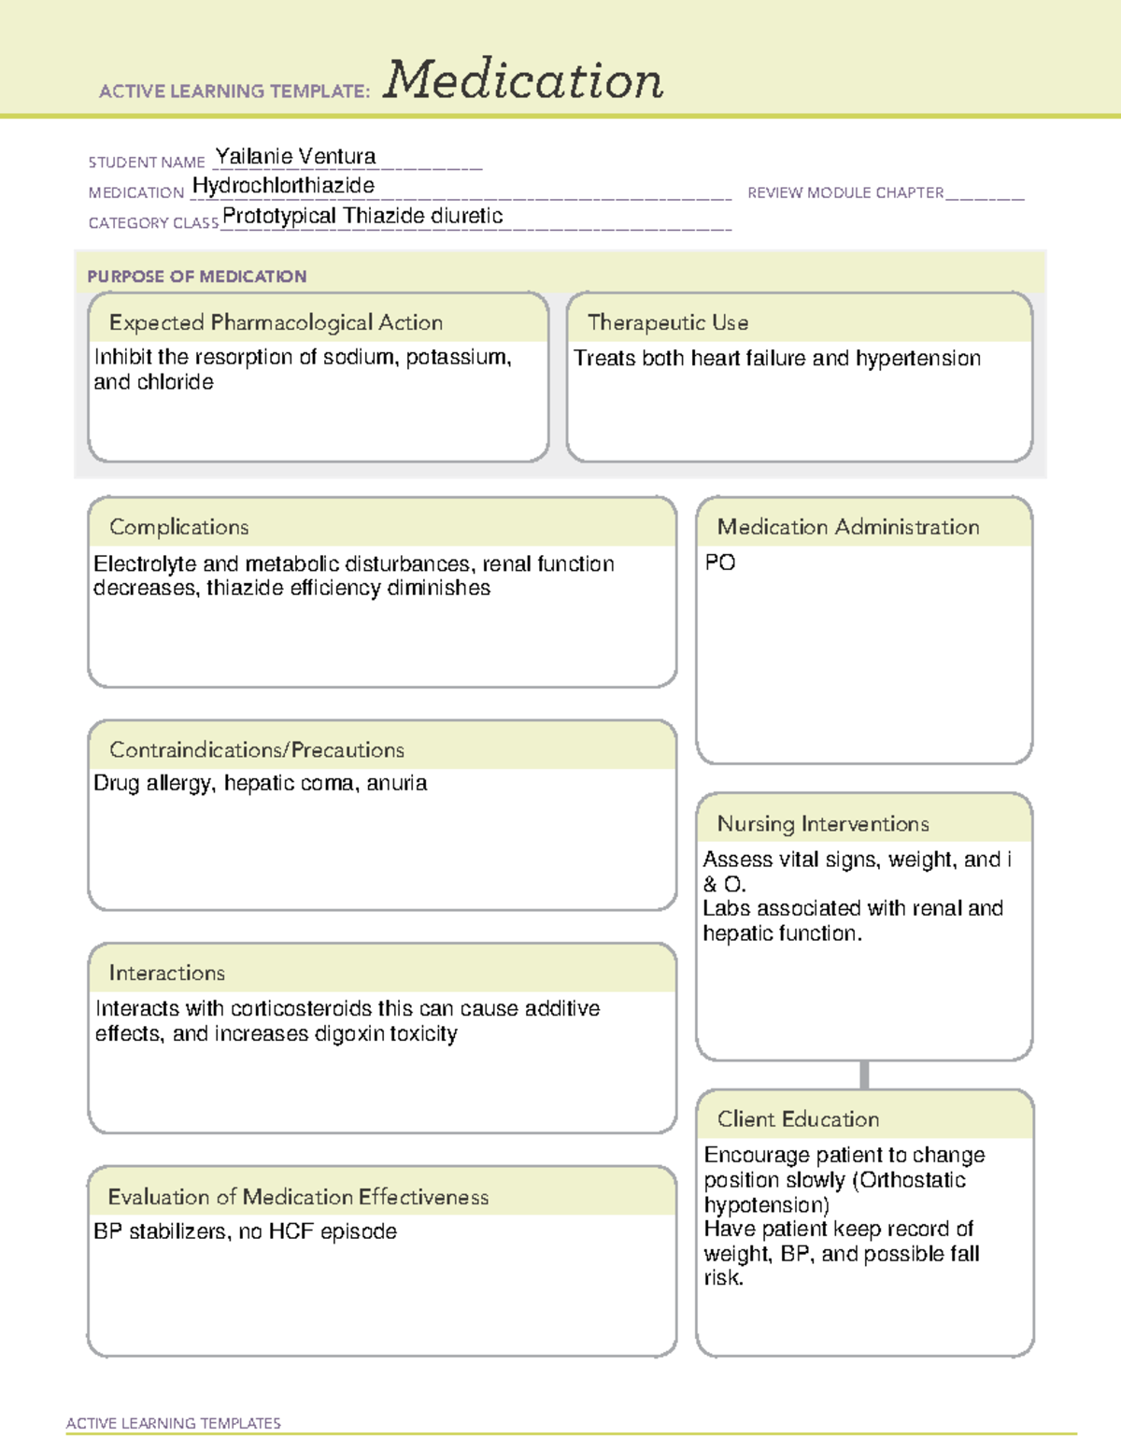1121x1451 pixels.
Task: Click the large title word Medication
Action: coord(523,80)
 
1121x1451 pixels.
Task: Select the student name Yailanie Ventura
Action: coord(295,156)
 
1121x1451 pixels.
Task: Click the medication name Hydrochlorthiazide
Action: coord(283,186)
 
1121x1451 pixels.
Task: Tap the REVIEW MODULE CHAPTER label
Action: coord(845,192)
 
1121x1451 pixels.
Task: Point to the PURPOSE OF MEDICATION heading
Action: coord(197,277)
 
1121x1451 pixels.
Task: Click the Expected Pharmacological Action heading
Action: coord(276,322)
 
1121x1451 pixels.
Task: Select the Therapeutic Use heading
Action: coord(668,322)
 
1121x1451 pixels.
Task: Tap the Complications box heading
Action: coord(178,527)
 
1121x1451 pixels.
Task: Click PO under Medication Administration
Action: coord(720,562)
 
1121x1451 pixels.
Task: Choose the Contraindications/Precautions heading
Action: coord(257,750)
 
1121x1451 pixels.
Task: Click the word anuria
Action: coord(397,783)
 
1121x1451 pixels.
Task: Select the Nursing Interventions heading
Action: coord(823,824)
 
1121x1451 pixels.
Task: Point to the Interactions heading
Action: coord(166,974)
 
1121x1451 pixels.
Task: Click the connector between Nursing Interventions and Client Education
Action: coord(864,1074)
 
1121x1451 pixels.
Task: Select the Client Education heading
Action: coord(798,1119)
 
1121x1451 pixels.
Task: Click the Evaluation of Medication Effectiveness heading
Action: coord(298,1197)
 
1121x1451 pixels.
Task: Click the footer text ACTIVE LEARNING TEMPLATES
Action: coord(174,1423)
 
